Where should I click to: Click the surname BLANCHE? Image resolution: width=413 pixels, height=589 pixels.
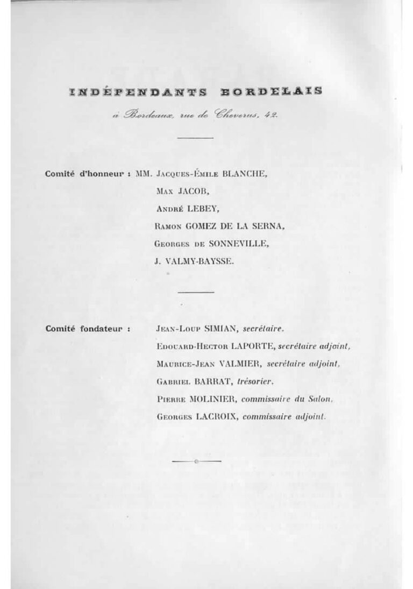tap(243, 175)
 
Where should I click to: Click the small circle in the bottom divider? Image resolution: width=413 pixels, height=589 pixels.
tap(195, 462)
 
